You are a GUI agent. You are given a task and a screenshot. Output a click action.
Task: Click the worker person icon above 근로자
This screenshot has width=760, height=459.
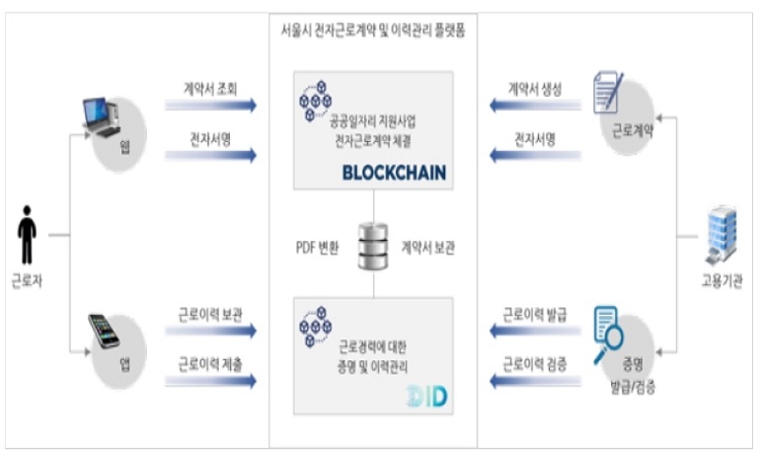pyautogui.click(x=28, y=235)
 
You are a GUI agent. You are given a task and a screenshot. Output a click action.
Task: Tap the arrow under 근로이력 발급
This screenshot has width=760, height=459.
pyautogui.click(x=533, y=333)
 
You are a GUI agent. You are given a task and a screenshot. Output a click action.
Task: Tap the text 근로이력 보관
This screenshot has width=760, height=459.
pyautogui.click(x=210, y=316)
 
